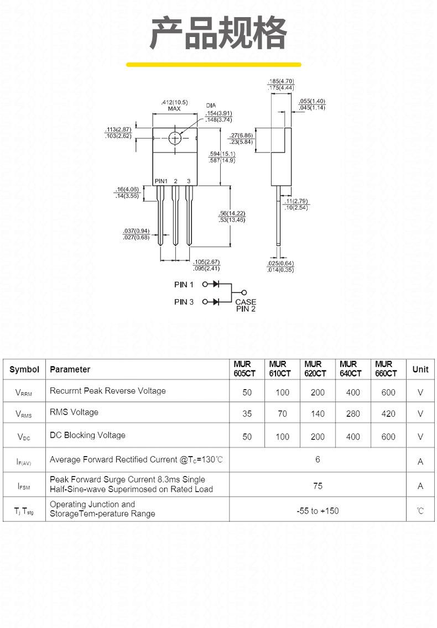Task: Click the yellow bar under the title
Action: pyautogui.click(x=214, y=65)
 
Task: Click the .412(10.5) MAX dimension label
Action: pyautogui.click(x=174, y=106)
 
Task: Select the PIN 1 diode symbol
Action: pyautogui.click(x=216, y=284)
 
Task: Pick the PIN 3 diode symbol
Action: pyautogui.click(x=216, y=302)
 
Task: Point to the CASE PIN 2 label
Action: pyautogui.click(x=246, y=305)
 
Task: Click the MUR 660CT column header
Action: pyautogui.click(x=386, y=369)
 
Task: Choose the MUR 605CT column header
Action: pyautogui.click(x=244, y=369)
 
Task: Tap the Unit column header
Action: pyautogui.click(x=420, y=369)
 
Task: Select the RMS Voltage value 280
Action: pyautogui.click(x=353, y=414)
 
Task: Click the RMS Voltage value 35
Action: pyautogui.click(x=247, y=414)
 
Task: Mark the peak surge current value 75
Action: pyautogui.click(x=318, y=486)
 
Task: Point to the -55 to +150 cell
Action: pyautogui.click(x=318, y=511)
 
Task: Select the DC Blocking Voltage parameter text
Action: pyautogui.click(x=87, y=436)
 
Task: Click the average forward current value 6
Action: pyautogui.click(x=318, y=459)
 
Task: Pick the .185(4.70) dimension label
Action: pyautogui.click(x=281, y=81)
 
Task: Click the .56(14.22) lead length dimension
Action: pyautogui.click(x=232, y=213)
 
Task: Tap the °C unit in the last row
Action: pyautogui.click(x=420, y=511)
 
